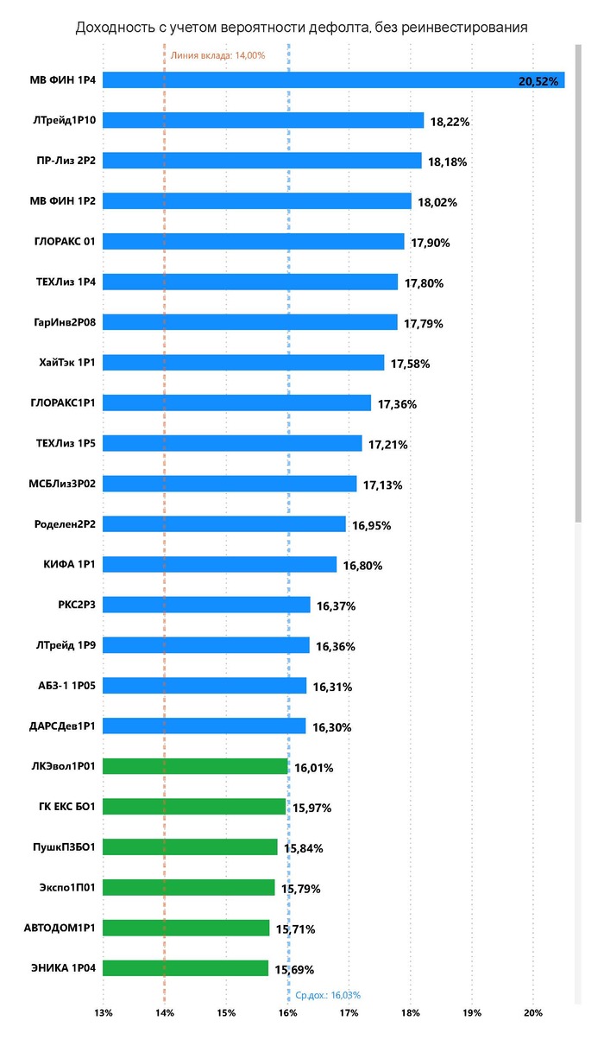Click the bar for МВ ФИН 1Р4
pos(333,80)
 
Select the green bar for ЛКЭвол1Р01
pos(195,766)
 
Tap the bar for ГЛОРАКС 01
pos(254,242)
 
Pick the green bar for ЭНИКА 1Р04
pos(186,968)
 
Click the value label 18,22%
pos(450,122)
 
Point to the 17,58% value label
pos(410,364)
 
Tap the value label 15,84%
pos(303,848)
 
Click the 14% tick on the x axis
pos(165,1012)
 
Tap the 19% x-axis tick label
pos(471,1012)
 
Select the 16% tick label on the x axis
pos(287,1012)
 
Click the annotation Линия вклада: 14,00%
pos(217,55)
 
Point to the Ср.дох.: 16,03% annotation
pos(328,995)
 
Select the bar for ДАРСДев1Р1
pos(204,726)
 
